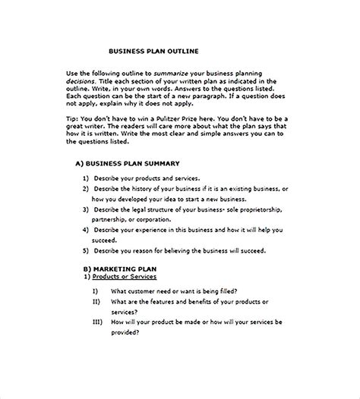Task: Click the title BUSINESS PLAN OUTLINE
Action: point(155,51)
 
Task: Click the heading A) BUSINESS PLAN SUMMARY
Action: point(127,163)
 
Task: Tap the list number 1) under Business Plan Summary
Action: point(86,178)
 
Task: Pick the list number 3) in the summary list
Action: point(86,208)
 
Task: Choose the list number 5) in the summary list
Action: point(86,250)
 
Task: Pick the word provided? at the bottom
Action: point(128,333)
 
